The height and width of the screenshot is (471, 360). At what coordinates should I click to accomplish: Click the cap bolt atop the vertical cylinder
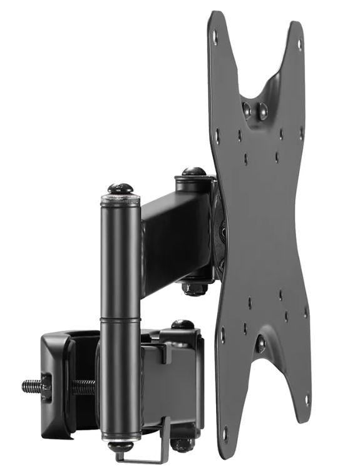(x=120, y=188)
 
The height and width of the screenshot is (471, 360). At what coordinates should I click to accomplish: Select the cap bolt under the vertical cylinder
(x=120, y=447)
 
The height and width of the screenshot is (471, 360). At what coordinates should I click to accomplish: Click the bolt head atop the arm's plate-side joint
(x=194, y=171)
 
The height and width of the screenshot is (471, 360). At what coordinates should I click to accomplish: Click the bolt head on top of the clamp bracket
(x=182, y=325)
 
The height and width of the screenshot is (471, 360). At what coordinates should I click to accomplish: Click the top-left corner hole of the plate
(x=215, y=36)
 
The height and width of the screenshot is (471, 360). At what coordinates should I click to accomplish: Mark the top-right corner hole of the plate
(x=299, y=44)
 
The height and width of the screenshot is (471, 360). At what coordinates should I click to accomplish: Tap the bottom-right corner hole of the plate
(x=306, y=399)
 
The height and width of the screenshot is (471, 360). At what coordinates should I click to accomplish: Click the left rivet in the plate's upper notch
(x=247, y=109)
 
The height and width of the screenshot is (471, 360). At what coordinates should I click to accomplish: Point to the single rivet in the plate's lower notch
(x=260, y=343)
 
